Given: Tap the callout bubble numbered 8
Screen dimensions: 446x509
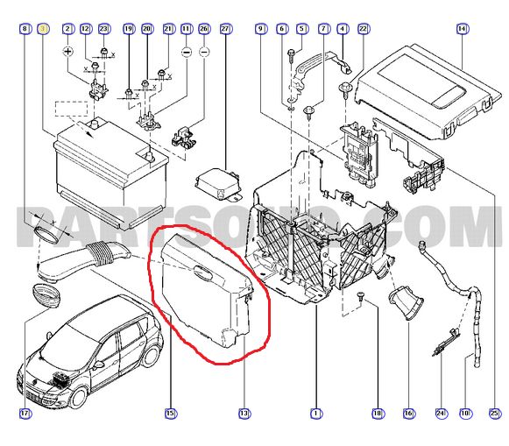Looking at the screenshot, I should click(x=25, y=29).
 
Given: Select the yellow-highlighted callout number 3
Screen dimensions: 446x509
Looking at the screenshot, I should click(x=46, y=29).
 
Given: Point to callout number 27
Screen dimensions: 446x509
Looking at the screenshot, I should click(x=225, y=29).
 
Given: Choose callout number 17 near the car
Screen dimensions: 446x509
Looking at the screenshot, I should click(x=25, y=413).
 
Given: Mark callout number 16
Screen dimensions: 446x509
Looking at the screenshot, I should click(x=408, y=413).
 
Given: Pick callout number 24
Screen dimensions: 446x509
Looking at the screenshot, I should click(x=441, y=413).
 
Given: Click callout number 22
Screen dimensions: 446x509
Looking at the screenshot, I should click(x=364, y=29).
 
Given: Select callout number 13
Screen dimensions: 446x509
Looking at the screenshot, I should click(x=244, y=413).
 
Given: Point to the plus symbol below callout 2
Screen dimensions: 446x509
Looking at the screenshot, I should click(x=67, y=53).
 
